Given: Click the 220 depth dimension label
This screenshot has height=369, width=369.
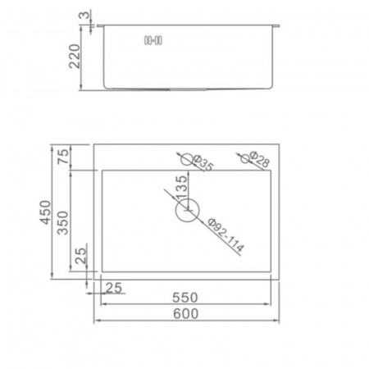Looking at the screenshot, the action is [75, 56].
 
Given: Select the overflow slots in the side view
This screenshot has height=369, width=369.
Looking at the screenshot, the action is [153, 41].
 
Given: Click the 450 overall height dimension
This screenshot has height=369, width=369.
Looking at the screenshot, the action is [45, 212].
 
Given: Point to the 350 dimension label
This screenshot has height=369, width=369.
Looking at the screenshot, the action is [62, 223].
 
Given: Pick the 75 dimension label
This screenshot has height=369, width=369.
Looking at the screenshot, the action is [63, 156].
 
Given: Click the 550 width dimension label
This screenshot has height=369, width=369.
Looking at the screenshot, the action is [185, 298].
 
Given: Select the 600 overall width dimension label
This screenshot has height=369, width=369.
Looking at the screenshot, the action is [186, 313].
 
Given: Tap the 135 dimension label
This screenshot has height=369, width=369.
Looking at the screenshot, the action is [181, 188].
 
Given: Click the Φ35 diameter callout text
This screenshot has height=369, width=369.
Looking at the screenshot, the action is [203, 163].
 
